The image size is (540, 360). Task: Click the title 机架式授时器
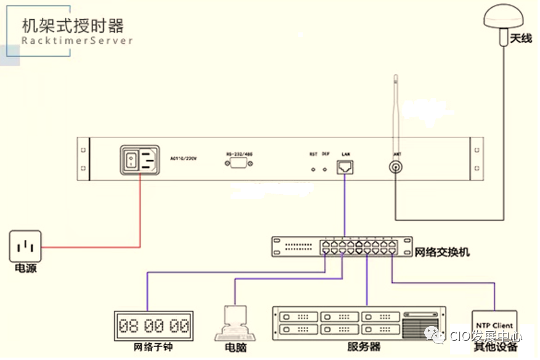tap(73, 26)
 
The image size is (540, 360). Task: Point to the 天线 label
tap(520, 39)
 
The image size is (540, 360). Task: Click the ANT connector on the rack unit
tap(395, 167)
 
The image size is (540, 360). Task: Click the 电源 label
tap(25, 269)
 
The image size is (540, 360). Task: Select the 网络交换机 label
tap(442, 252)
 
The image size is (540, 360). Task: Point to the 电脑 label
tap(236, 348)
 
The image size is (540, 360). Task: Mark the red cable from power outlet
tap(92, 248)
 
